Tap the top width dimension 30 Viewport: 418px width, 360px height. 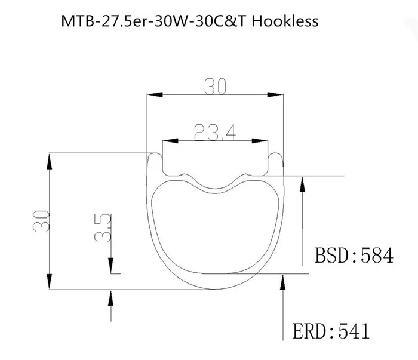click(x=216, y=87)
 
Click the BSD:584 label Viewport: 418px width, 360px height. click(x=354, y=256)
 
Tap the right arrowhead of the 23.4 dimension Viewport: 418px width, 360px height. click(x=263, y=141)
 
